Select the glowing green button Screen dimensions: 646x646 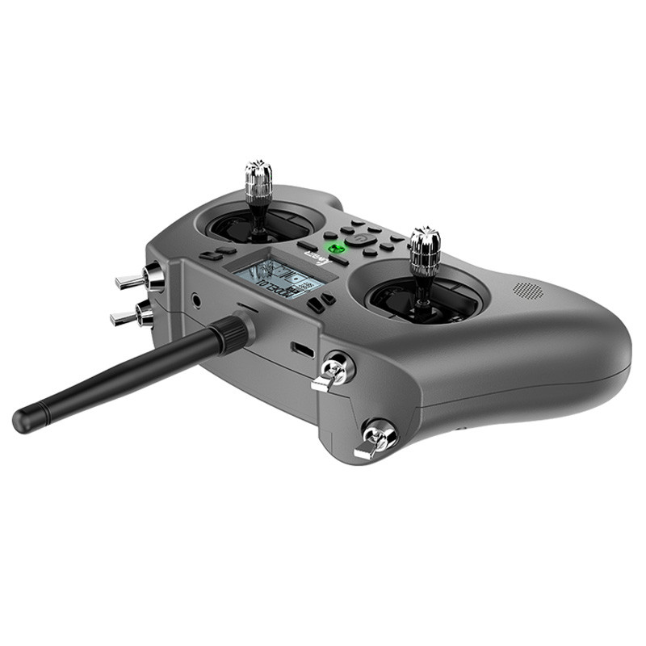click(333, 249)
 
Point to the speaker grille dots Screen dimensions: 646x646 click(527, 288)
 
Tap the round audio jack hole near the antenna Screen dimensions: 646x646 click(196, 300)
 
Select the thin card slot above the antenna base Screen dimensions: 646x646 click(247, 308)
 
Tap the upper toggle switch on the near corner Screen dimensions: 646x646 click(333, 372)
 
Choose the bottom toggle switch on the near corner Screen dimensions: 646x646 click(375, 440)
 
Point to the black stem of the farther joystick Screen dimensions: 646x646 click(258, 216)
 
